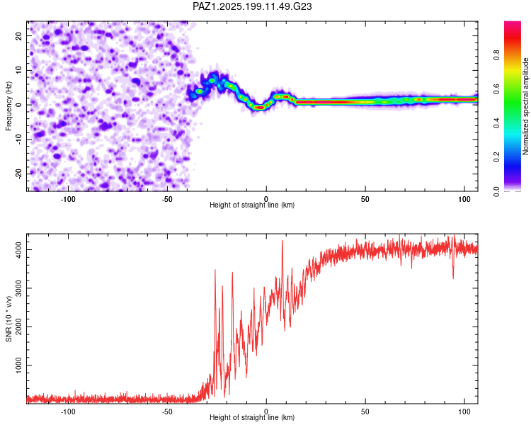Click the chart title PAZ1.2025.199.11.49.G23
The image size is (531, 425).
pos(252,6)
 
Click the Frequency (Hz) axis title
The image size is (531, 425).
pos(8,106)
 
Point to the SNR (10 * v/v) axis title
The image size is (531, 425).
pos(8,319)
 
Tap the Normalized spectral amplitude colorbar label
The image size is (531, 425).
pos(525,106)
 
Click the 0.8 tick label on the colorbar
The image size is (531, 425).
pos(496,55)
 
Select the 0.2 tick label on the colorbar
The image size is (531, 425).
pos(496,157)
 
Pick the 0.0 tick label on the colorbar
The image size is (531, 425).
pos(496,191)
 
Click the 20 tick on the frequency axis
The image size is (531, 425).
pos(19,36)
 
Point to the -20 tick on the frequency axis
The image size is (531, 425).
pos(19,174)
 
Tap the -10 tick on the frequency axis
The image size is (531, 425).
pos(19,140)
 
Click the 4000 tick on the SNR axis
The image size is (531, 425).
pos(19,250)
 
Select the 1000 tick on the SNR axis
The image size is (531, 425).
pos(19,365)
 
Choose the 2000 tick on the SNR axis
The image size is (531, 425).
pos(19,327)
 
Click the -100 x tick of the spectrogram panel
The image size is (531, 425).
pos(68,199)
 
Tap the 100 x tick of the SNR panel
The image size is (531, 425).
pos(464,412)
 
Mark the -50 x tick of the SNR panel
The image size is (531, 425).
pos(167,412)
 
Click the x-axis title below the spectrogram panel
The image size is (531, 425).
pos(252,205)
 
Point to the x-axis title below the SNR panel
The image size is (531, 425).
pos(252,417)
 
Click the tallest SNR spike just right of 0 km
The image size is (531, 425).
pos(282,242)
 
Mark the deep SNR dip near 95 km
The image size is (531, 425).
pos(453,277)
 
